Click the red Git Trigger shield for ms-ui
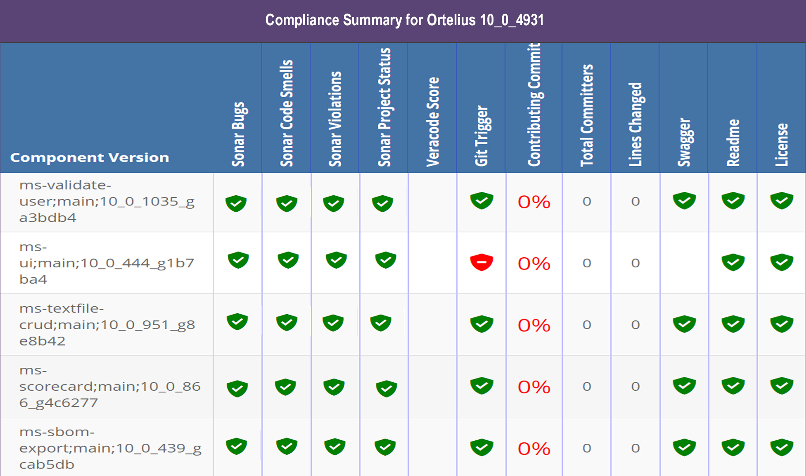click(481, 263)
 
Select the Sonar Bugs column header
click(238, 134)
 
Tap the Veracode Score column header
click(433, 122)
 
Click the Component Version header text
click(90, 157)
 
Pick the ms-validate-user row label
click(106, 201)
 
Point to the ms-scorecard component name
click(109, 386)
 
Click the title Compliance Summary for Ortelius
click(404, 20)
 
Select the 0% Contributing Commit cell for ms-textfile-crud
click(534, 325)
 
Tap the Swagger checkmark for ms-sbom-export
click(684, 448)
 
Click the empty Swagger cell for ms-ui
click(684, 263)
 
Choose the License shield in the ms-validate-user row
click(781, 201)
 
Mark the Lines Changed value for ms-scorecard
click(635, 387)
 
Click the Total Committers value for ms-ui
click(587, 263)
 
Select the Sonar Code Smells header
click(286, 113)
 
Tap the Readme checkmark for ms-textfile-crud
click(733, 324)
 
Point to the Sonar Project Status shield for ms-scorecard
click(386, 388)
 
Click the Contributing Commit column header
click(534, 105)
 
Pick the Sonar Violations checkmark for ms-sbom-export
click(335, 447)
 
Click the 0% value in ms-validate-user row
click(534, 202)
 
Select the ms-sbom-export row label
click(110, 448)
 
